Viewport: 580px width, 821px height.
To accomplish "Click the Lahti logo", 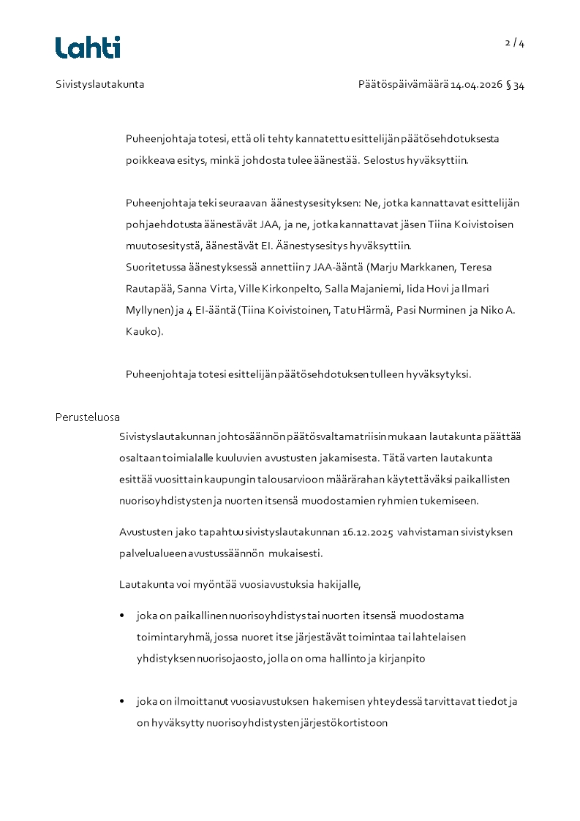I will [x=88, y=48].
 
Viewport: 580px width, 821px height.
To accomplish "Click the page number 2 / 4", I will [x=515, y=43].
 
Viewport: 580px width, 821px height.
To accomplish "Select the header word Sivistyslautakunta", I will [x=100, y=85].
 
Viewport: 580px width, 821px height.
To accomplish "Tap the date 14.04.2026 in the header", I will [x=476, y=85].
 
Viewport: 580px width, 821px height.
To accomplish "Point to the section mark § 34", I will [x=519, y=85].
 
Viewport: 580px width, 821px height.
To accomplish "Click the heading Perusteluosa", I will [x=88, y=417].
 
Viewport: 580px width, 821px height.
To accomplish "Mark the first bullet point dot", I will [x=122, y=616].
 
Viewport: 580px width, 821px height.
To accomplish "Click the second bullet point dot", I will [x=122, y=702].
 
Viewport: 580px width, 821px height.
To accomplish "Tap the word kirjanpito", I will [x=402, y=659].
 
